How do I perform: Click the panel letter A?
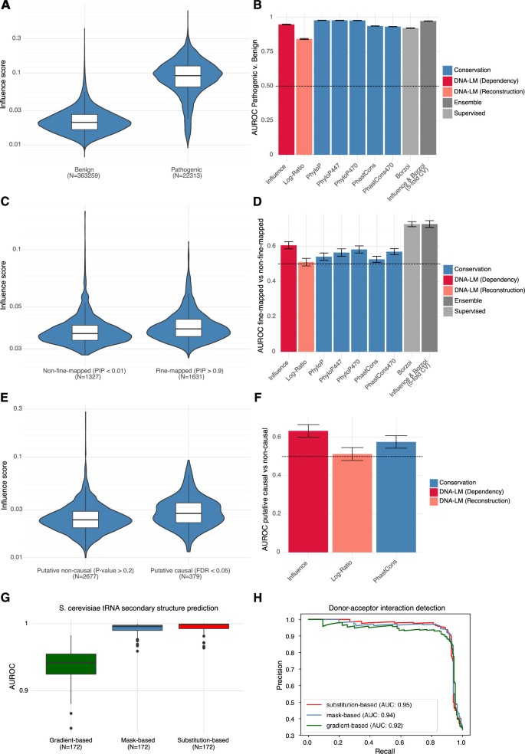click(7, 9)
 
